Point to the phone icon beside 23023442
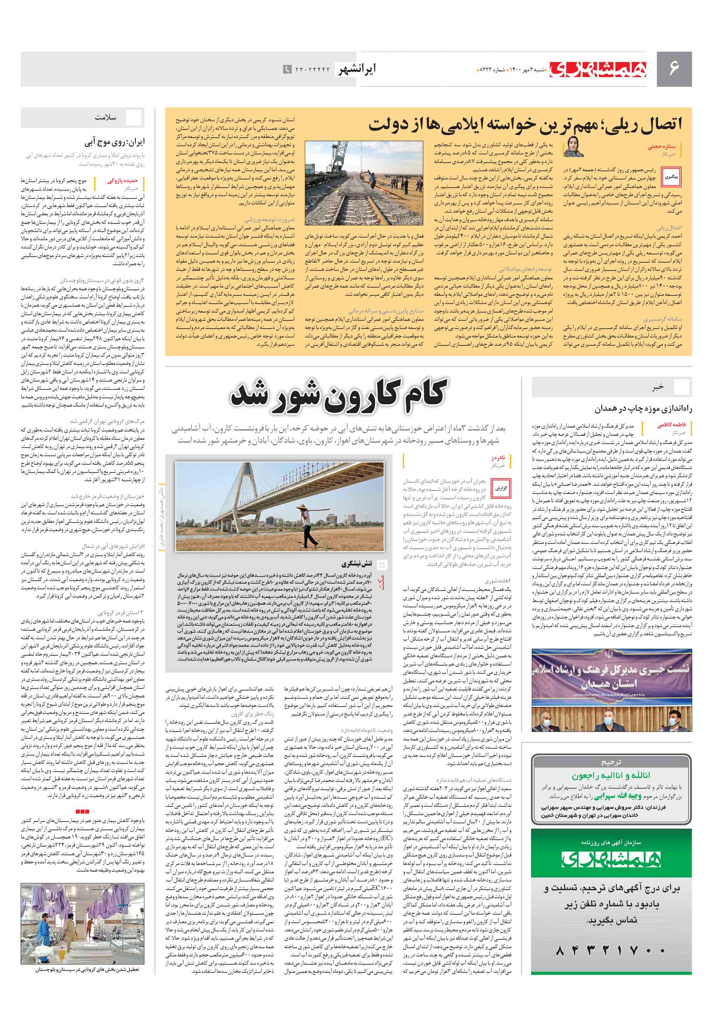pos(287,69)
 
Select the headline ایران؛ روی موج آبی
pos(115,143)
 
